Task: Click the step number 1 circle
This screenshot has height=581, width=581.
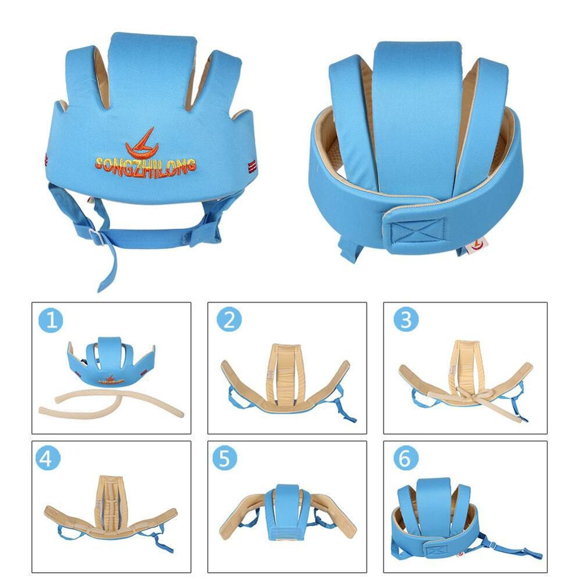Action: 51,321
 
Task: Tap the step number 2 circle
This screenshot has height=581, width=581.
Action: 229,321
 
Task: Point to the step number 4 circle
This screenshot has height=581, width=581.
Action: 48,459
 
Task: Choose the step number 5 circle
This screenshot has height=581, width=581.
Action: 225,459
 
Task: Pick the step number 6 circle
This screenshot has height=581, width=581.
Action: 406,459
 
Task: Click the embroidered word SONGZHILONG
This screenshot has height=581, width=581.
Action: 145,165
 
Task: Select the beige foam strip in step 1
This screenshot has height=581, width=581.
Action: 111,401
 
